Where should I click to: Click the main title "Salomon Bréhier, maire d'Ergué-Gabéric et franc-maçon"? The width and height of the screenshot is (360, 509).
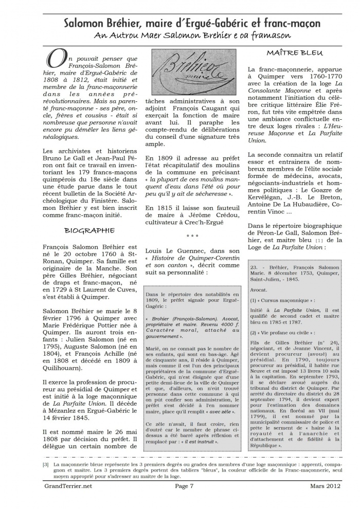tap(192, 24)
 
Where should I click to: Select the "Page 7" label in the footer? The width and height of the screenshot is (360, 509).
tap(184, 498)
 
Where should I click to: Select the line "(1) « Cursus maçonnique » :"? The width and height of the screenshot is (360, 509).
tap(278, 299)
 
